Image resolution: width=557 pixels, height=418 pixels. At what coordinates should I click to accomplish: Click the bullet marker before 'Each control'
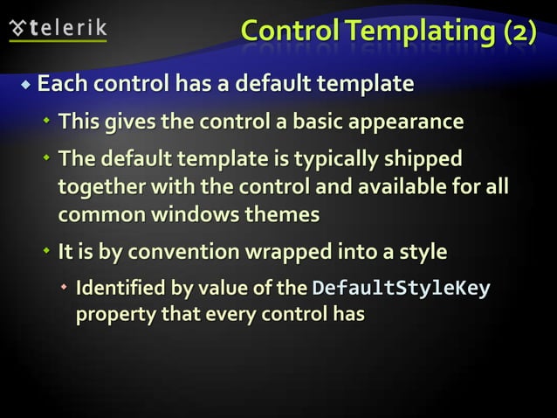26,86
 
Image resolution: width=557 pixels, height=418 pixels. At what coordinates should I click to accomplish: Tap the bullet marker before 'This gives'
47,122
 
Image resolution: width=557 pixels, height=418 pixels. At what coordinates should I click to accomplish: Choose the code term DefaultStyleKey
401,289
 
